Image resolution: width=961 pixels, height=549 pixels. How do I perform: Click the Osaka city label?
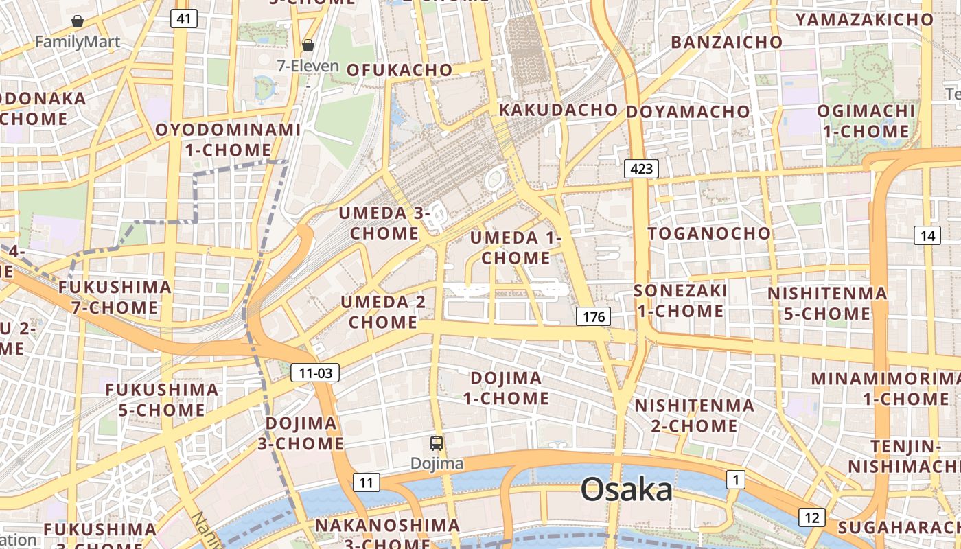point(627,490)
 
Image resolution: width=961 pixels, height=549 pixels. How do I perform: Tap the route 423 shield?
point(641,169)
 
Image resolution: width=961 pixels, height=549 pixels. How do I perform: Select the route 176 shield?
point(592,316)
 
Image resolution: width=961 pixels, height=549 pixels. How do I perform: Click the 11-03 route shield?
point(315,373)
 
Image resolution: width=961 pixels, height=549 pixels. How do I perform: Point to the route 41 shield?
point(183,19)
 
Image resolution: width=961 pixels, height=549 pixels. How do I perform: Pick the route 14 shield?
point(927,236)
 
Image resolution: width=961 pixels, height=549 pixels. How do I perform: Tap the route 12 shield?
point(812,517)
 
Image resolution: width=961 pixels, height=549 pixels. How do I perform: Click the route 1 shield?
point(735,480)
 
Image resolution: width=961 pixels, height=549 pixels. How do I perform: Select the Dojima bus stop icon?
point(437,443)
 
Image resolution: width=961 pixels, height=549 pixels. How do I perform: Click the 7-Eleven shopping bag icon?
point(308,45)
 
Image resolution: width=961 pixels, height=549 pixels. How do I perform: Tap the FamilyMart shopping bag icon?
point(78,21)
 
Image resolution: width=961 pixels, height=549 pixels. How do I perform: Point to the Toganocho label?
point(709,233)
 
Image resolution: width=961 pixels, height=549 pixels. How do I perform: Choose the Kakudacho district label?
point(558,110)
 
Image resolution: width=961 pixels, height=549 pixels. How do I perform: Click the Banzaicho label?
point(726,43)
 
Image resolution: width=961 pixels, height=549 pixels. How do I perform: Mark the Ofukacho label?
point(400,70)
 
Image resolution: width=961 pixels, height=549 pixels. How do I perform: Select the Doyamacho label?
point(688,111)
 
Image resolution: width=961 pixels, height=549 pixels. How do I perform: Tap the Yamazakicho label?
point(864,20)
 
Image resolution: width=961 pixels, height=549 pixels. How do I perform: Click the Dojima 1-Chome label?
point(506,388)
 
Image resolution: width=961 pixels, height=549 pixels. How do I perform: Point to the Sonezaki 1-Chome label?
point(680,301)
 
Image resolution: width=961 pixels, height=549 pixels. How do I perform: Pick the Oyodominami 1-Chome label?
point(228,139)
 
